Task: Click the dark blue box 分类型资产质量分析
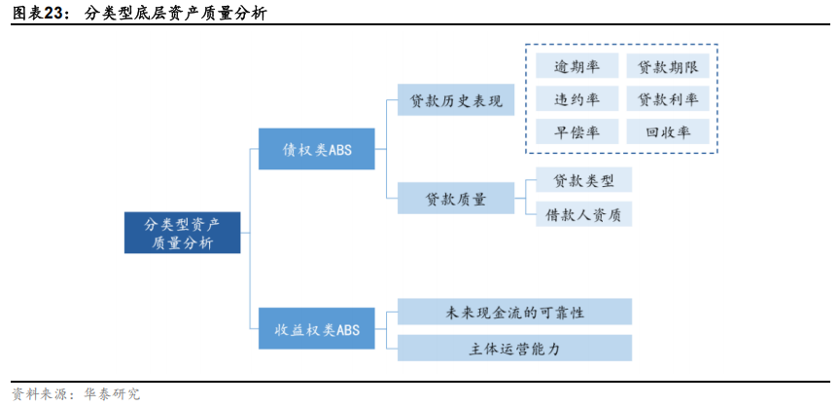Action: (x=182, y=233)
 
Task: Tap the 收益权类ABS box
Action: (x=316, y=330)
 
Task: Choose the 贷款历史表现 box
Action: (x=456, y=100)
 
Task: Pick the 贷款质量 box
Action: (x=456, y=199)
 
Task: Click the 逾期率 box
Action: (x=577, y=67)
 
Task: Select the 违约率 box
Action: (x=577, y=99)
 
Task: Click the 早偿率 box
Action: (x=577, y=132)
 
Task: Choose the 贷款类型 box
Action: (x=583, y=180)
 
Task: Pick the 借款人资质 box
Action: (x=583, y=214)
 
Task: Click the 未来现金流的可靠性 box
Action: (x=515, y=312)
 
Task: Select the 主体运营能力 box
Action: (x=515, y=348)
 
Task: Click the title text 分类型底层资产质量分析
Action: (x=176, y=14)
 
